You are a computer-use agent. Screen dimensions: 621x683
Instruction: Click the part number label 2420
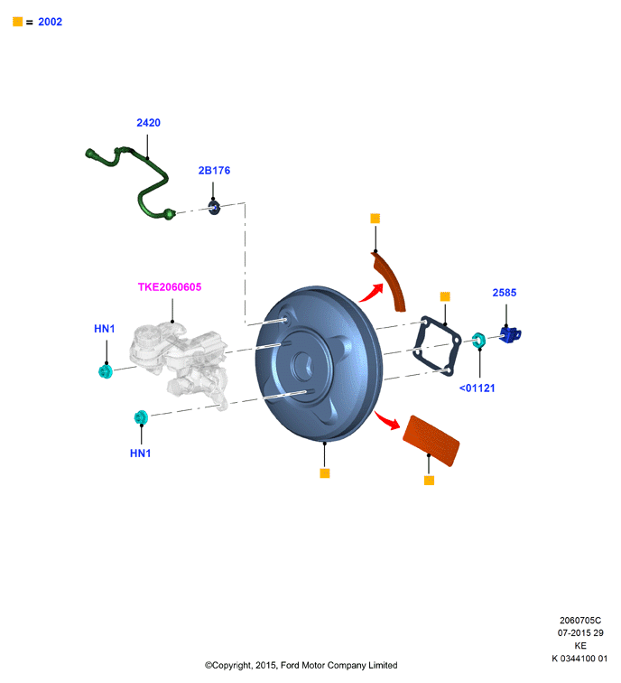click(148, 123)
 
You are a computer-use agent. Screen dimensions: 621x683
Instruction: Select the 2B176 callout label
click(214, 171)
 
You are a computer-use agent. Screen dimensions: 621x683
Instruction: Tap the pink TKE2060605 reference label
click(170, 287)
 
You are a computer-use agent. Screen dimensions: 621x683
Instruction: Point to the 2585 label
click(505, 293)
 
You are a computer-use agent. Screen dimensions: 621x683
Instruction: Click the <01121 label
click(477, 388)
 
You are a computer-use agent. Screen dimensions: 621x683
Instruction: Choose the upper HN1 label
click(105, 329)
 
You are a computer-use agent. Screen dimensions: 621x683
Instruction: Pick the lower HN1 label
click(140, 454)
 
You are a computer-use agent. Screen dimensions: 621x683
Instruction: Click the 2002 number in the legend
click(50, 22)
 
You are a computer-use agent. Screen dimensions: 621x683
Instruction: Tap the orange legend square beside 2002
click(17, 22)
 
